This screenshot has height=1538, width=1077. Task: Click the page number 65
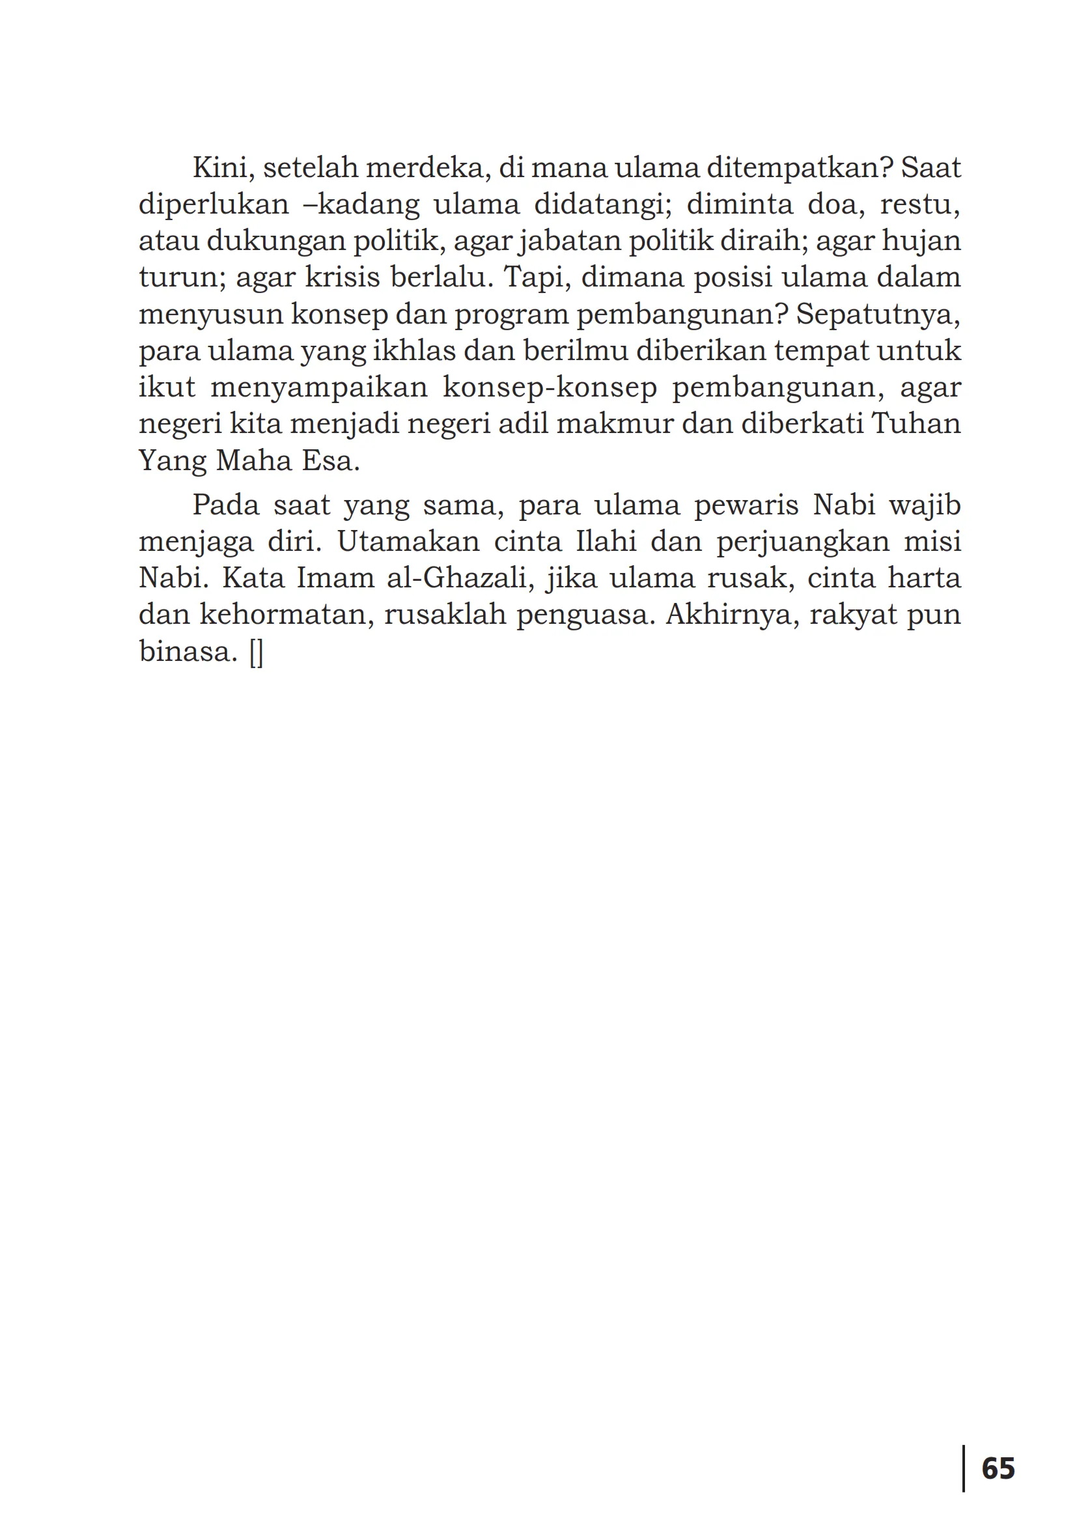coord(998,1468)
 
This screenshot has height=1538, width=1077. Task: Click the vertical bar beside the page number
coord(963,1468)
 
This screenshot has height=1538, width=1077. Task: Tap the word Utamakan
coord(408,541)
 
